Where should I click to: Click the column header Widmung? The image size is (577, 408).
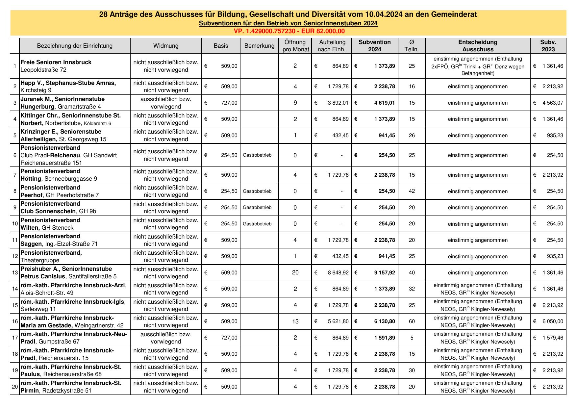[166, 46]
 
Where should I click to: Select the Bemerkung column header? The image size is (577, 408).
[259, 46]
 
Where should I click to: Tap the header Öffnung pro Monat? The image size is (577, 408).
[295, 46]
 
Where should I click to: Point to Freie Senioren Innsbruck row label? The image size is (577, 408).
[56, 62]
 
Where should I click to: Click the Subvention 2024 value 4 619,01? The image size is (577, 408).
[385, 103]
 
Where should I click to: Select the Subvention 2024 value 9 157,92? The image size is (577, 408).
[385, 272]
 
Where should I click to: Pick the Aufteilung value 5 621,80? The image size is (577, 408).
[338, 321]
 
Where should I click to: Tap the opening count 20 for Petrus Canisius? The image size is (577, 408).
[295, 272]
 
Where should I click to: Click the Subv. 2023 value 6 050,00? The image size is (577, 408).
[553, 321]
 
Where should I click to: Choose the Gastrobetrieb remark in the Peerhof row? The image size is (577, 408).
[257, 191]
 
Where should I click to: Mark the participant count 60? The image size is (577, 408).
[412, 321]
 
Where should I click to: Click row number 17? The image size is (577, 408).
[15, 338]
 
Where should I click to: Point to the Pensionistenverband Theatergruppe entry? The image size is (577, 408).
[51, 256]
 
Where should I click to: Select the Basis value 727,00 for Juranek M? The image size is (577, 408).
[229, 103]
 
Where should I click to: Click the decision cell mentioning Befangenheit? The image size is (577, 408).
[478, 66]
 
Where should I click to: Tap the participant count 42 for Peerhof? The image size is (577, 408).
[412, 191]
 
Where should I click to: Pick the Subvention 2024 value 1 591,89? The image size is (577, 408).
[385, 338]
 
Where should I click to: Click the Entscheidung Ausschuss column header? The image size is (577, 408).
[478, 46]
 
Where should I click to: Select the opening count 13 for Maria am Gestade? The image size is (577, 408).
[295, 321]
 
